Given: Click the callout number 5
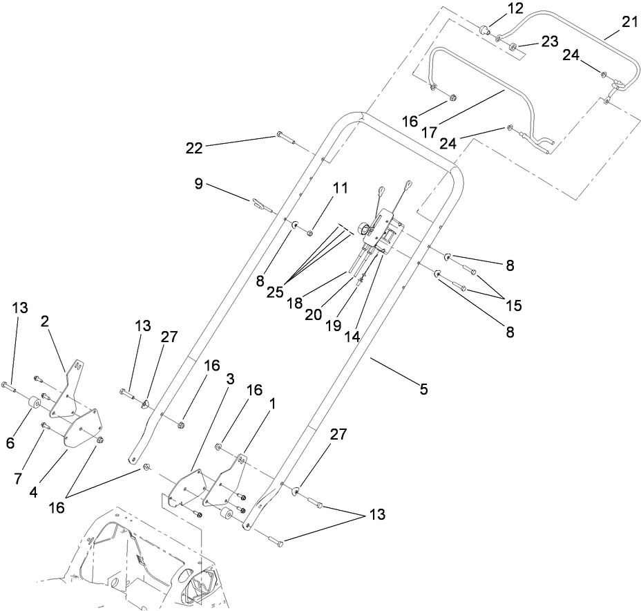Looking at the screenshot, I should (423, 389).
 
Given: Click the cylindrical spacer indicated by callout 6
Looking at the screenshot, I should (30, 403).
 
